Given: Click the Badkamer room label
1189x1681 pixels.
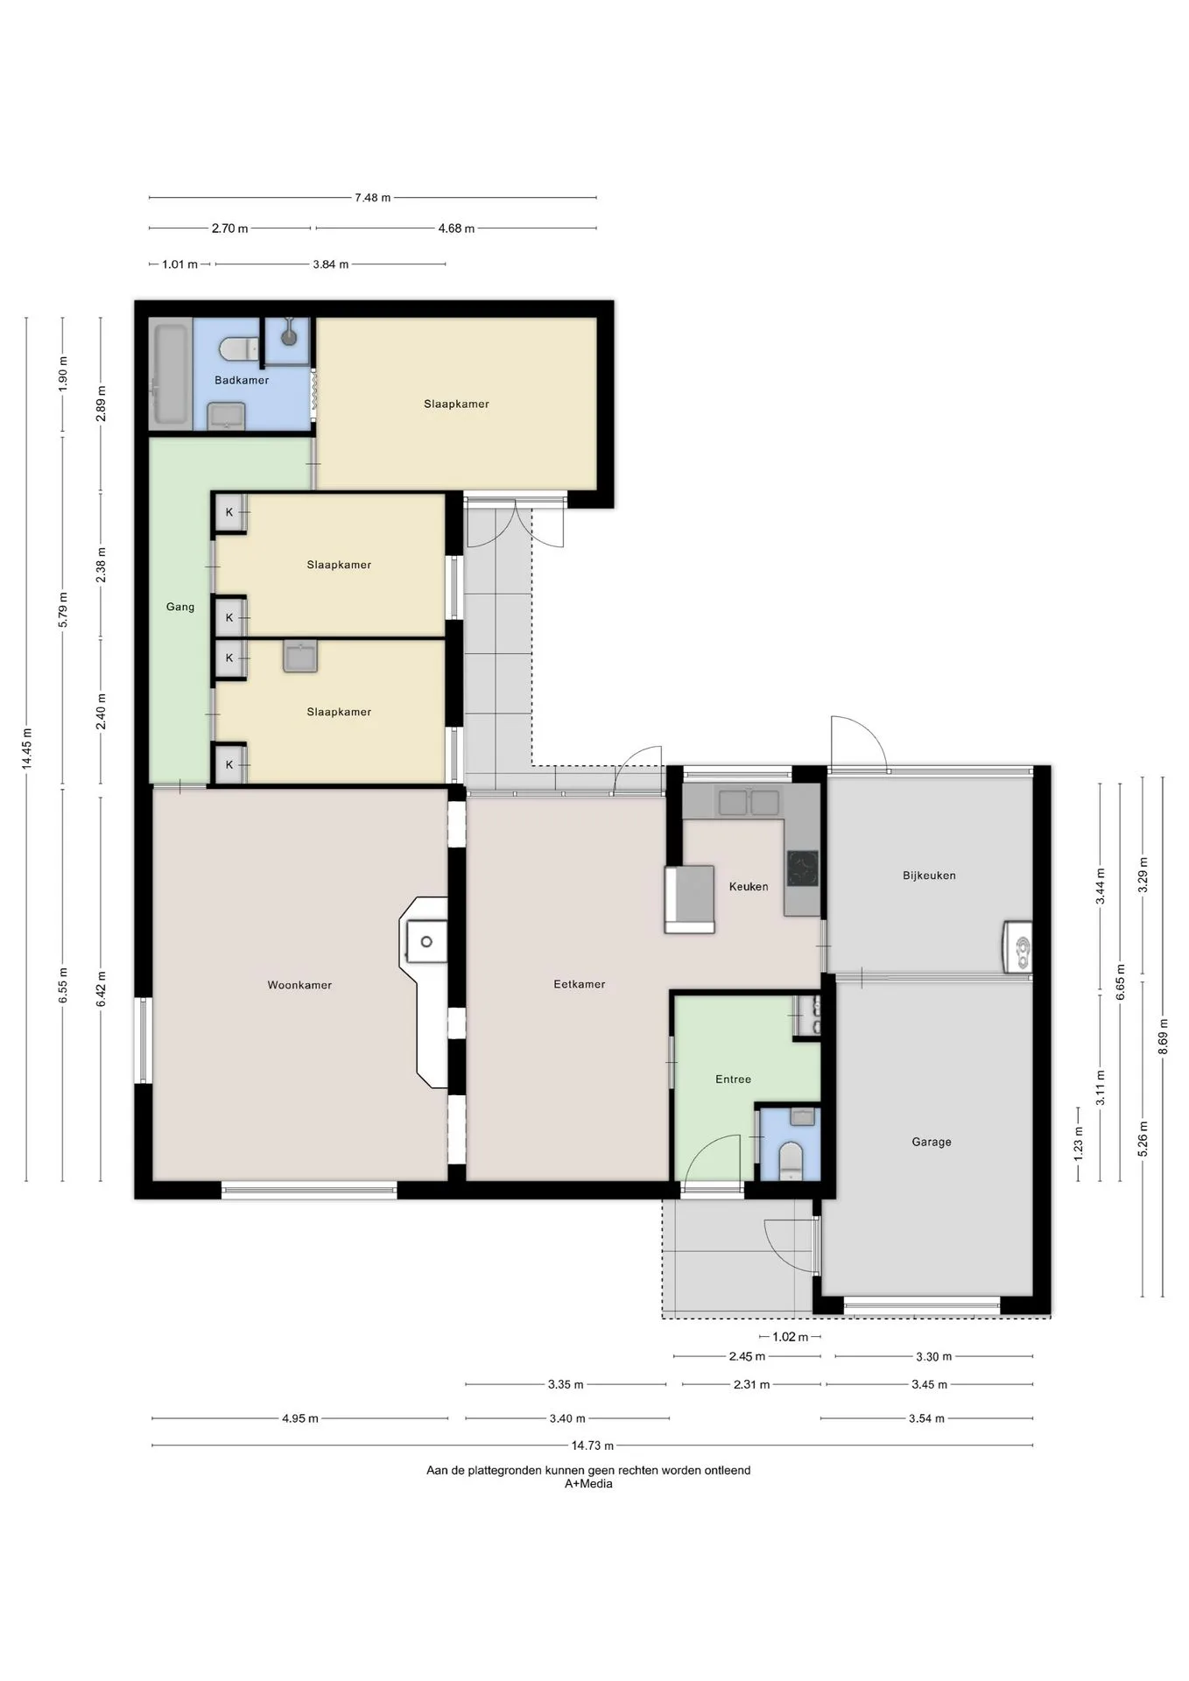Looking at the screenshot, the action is [x=242, y=380].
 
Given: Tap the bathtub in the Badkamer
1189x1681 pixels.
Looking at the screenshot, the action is [x=170, y=376].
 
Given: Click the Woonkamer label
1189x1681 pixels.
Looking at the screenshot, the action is [x=299, y=985].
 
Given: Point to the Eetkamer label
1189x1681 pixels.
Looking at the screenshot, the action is [x=580, y=984].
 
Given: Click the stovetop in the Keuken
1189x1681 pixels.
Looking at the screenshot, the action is [x=802, y=869].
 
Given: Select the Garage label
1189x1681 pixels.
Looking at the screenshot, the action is [x=932, y=1142].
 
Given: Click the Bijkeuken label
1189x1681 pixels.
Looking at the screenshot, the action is [x=929, y=876].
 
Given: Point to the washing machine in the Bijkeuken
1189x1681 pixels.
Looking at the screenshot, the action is [x=1017, y=947].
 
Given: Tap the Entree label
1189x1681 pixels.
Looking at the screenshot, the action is [x=734, y=1080].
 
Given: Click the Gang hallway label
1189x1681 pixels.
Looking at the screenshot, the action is [x=180, y=607].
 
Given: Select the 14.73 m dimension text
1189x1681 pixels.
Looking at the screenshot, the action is [x=593, y=1445].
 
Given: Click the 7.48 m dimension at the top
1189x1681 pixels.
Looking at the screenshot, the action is [x=373, y=198].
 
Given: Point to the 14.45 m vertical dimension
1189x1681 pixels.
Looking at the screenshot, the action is [x=26, y=749].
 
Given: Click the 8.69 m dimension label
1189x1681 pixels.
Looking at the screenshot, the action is [x=1163, y=1036].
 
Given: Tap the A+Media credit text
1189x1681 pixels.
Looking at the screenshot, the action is [x=588, y=1484].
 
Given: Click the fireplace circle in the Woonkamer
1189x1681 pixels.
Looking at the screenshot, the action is [x=426, y=942].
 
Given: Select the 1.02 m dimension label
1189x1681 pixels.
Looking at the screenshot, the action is [x=791, y=1337].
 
